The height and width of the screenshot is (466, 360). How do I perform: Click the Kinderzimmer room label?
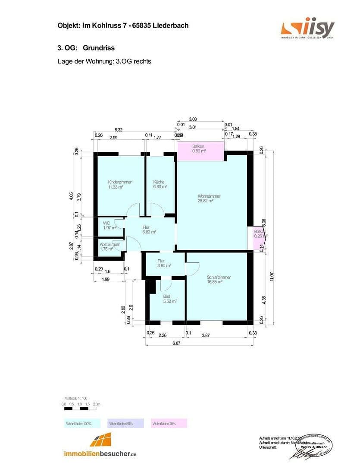(119, 185)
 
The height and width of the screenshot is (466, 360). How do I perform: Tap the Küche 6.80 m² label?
(159, 185)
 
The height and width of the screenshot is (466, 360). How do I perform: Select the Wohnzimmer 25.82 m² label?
(209, 198)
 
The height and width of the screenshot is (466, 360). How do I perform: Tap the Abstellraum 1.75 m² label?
(109, 246)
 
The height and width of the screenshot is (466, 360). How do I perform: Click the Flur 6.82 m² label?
(149, 229)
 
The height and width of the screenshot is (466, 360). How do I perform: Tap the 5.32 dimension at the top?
(118, 130)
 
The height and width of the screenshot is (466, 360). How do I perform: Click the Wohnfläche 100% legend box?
(82, 424)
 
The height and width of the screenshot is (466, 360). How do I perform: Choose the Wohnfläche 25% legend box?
(169, 424)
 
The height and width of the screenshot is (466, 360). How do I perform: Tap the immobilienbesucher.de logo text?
(100, 454)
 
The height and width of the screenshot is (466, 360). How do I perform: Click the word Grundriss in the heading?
(99, 48)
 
